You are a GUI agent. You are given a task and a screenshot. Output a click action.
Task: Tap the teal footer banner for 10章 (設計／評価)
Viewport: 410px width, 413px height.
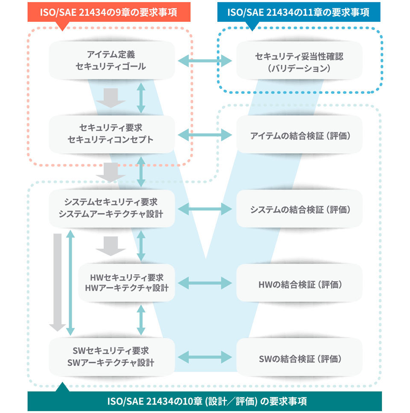204,401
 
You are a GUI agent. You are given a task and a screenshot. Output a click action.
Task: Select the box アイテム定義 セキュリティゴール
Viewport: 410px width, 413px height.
112,60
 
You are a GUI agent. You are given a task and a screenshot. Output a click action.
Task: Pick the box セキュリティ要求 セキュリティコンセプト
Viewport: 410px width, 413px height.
112,134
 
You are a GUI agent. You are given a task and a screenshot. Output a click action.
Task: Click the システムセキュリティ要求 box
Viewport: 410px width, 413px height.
112,209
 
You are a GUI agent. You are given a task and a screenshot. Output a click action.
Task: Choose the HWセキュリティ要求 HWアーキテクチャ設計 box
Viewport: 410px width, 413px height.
127,283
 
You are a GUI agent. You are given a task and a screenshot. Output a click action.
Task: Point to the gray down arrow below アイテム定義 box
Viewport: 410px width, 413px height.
111,98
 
